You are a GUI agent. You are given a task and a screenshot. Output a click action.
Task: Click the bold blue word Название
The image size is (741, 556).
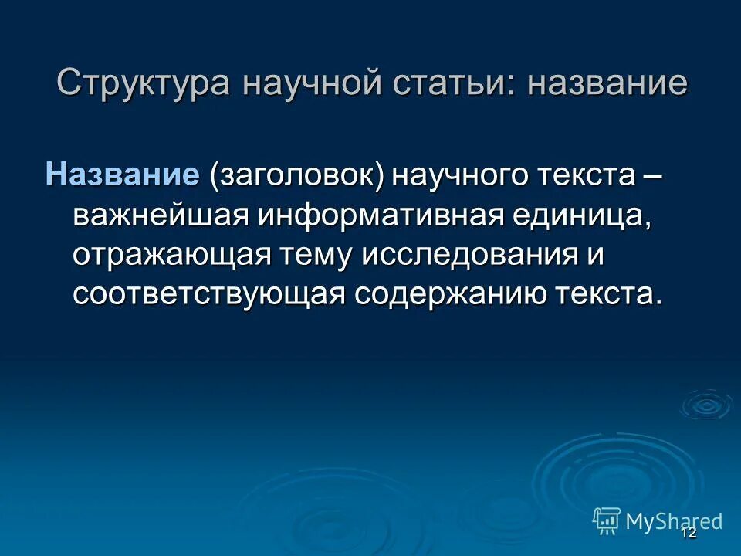tap(123, 175)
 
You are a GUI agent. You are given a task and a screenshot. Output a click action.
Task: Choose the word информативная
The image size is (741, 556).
tap(382, 216)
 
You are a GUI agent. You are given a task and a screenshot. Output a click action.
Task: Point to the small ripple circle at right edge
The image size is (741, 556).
tap(705, 404)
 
